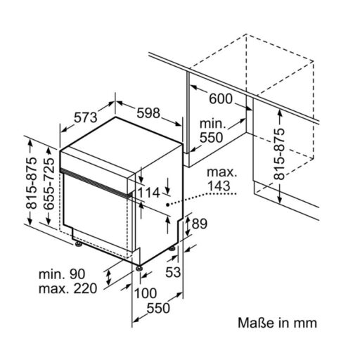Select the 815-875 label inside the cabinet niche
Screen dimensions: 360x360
(280, 155)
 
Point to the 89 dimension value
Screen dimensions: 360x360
(200, 224)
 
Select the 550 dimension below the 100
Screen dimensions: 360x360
(158, 308)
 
